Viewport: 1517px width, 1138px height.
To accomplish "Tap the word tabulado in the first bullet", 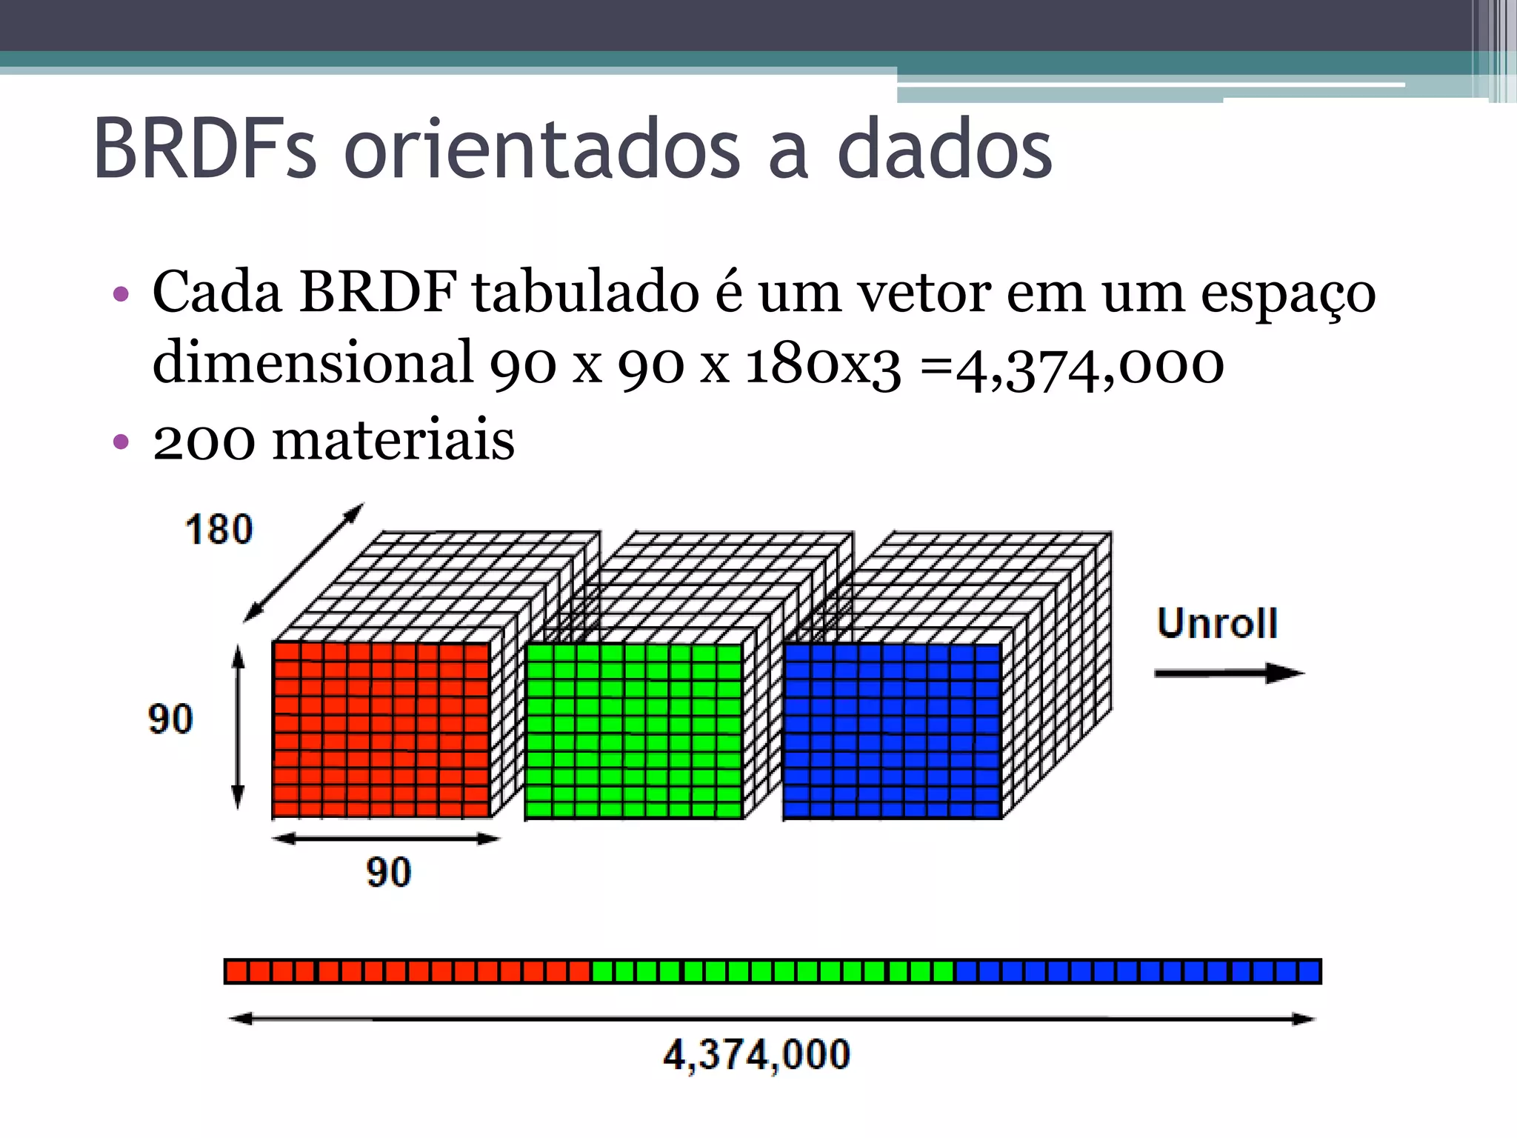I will pos(586,293).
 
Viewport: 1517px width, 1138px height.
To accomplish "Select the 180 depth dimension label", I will pos(219,530).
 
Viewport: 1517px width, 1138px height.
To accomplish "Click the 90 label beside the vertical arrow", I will pos(170,719).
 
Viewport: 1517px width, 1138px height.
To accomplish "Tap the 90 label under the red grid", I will pos(388,872).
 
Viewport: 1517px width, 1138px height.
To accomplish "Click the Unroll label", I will pos(1217,623).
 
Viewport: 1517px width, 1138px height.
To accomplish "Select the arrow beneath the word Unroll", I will pos(1228,673).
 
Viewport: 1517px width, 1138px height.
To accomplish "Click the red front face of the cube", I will pos(381,730).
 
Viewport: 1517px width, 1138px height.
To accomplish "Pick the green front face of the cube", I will pos(633,731).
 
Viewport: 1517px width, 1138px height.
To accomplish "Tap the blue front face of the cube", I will pos(892,731).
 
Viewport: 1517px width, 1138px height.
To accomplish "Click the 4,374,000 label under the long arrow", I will pos(756,1054).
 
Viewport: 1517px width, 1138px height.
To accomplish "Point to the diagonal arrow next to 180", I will pos(304,562).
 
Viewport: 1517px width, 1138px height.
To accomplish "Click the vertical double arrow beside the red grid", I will pos(238,726).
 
